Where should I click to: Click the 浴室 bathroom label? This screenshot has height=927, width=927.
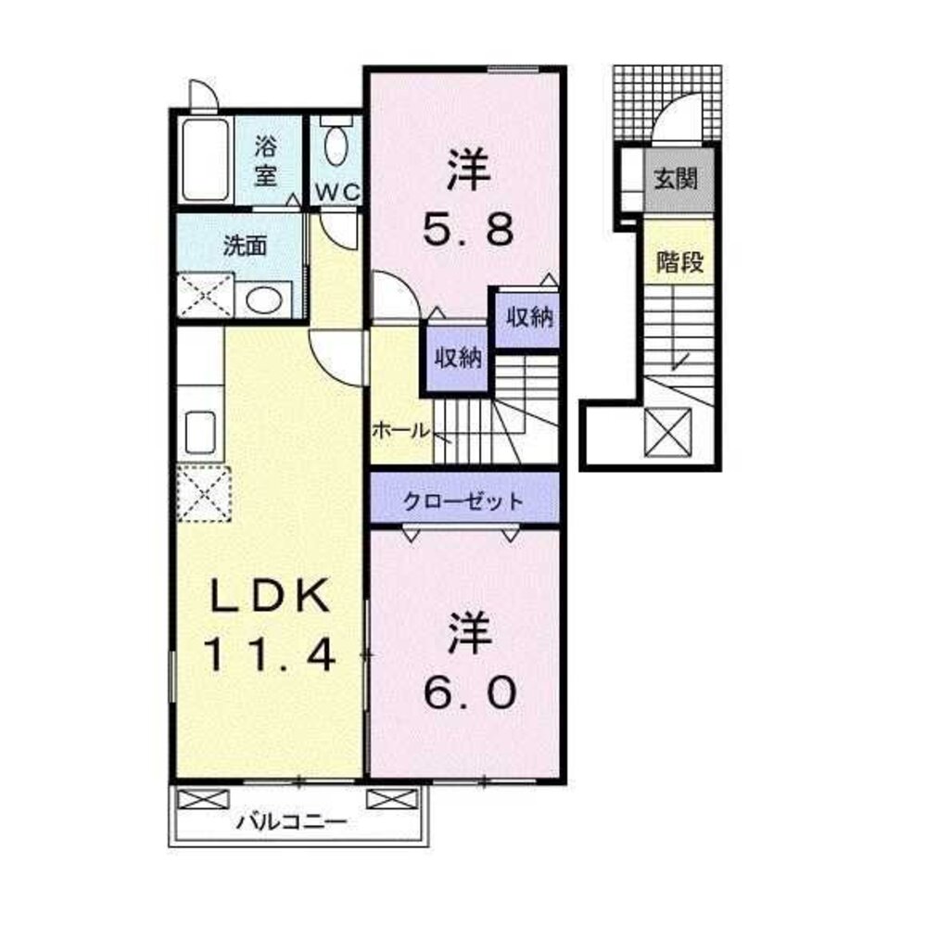[266, 159]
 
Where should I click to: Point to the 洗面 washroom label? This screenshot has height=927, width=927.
[246, 246]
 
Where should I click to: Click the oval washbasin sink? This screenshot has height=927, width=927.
[264, 299]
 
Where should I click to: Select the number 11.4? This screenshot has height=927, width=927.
[268, 656]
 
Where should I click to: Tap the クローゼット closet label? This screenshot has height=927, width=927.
[463, 502]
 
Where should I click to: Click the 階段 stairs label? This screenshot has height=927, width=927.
[679, 262]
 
